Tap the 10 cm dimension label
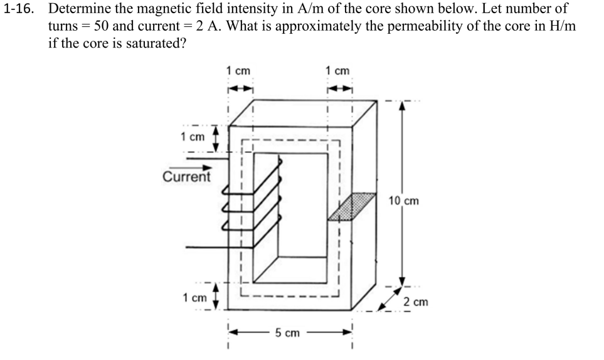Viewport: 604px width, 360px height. point(403,201)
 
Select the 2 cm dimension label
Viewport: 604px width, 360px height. point(415,302)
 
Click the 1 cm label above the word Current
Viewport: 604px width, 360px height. point(193,137)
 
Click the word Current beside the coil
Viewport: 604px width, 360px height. point(186,176)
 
